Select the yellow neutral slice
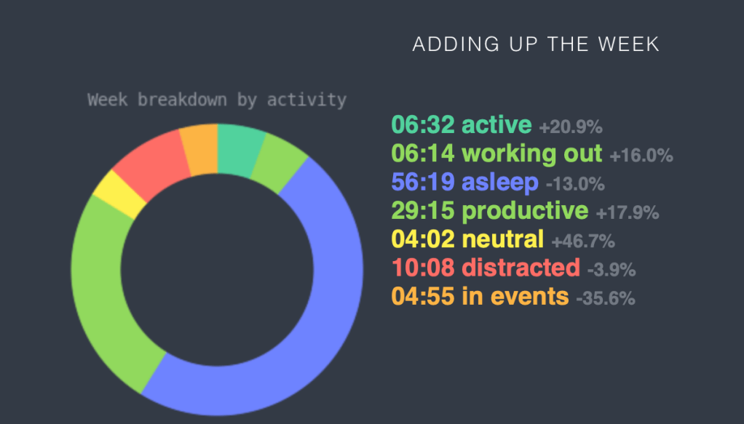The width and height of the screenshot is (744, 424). coord(119,194)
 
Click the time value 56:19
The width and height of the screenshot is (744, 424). coord(423,182)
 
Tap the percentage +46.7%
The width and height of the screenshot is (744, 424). coord(583,241)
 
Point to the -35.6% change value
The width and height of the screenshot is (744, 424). coord(606,299)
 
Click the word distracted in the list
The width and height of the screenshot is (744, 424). coord(521,268)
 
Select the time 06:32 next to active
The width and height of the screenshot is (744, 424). coord(423,125)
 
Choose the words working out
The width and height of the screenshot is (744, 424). coord(531,154)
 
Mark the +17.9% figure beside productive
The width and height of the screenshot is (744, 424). coord(628,213)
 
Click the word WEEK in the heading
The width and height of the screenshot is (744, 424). coord(629,44)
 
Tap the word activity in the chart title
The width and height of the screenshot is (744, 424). coord(306,100)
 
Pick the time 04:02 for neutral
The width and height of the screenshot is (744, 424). coord(423,239)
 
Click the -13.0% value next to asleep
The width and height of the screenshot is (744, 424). coord(575,185)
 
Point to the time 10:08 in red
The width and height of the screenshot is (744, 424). coord(423,268)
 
